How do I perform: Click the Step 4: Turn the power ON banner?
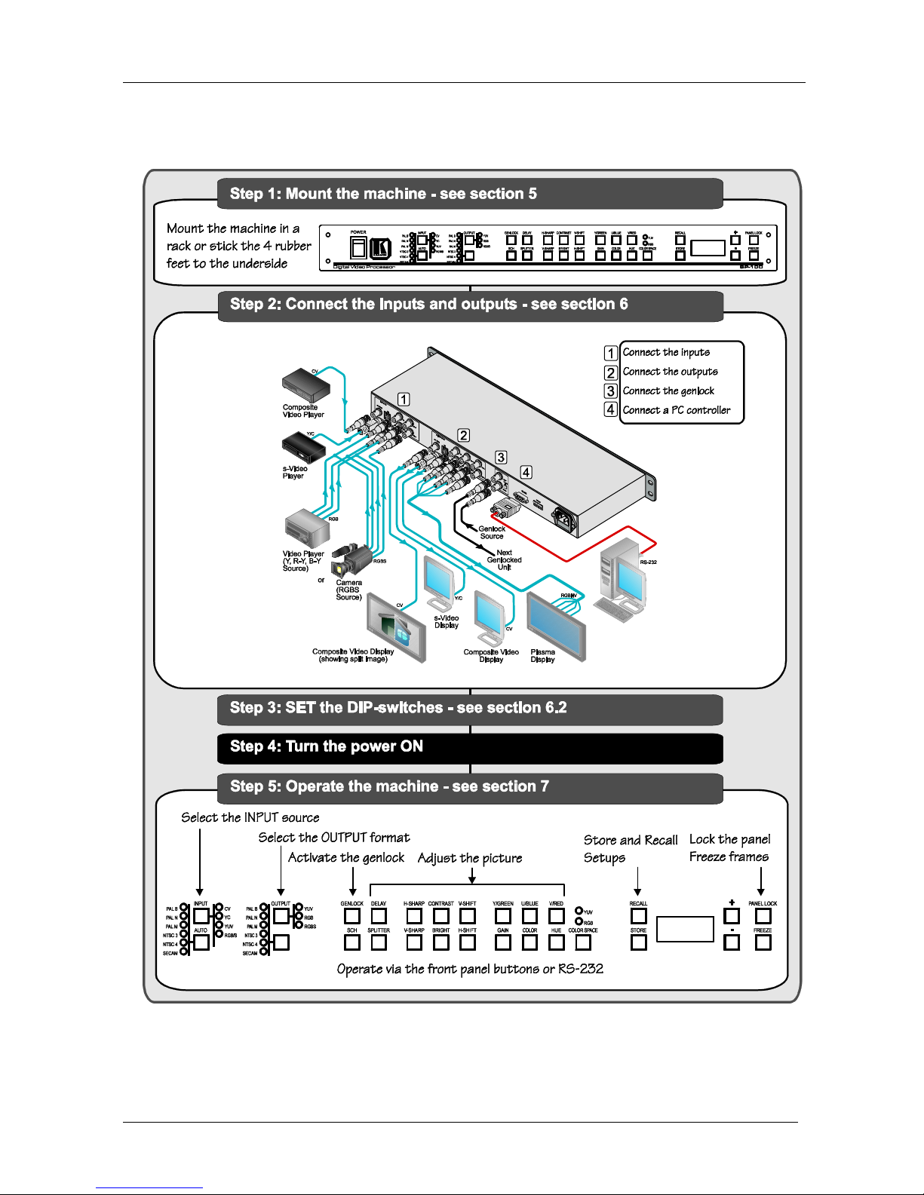470,747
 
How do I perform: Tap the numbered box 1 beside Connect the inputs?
610,353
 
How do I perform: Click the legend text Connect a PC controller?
676,410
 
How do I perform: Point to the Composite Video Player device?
305,385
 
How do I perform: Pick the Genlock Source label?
492,532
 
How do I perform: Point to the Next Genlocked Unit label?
504,559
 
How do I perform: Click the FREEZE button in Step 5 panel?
763,942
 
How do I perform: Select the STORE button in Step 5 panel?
638,942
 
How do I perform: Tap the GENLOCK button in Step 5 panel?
352,916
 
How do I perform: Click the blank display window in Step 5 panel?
685,929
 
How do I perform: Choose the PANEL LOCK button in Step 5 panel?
763,916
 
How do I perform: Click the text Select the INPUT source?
250,817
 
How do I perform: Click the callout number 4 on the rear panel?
526,472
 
